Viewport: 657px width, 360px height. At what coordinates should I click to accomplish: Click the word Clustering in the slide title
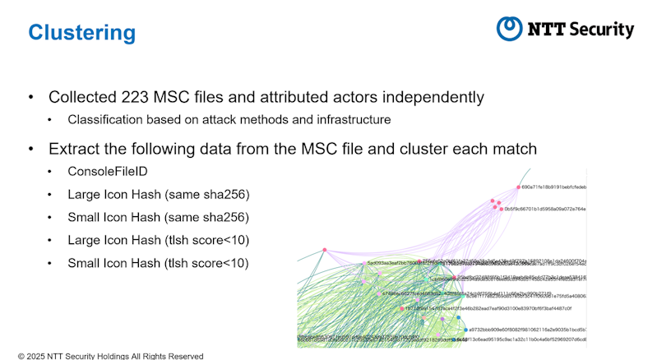click(x=81, y=33)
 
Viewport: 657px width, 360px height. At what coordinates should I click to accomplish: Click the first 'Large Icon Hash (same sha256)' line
click(x=158, y=195)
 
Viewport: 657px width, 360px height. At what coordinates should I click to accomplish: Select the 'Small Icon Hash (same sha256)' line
click(x=158, y=218)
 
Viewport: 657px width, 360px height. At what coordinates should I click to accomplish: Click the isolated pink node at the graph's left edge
click(x=325, y=249)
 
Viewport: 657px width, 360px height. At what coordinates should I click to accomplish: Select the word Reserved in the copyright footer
click(x=183, y=356)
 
